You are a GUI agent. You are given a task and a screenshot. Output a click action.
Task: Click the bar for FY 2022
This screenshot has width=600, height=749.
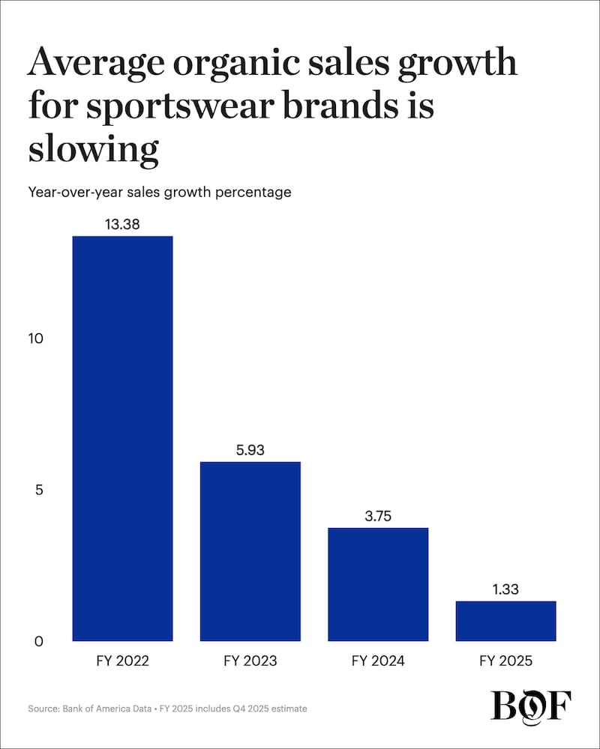point(122,438)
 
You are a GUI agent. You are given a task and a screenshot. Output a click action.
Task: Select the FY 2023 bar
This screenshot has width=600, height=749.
point(250,551)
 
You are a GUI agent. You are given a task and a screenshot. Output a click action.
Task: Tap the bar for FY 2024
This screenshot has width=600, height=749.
point(378,584)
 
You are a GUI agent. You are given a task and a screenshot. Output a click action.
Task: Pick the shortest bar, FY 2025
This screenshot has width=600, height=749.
point(505,621)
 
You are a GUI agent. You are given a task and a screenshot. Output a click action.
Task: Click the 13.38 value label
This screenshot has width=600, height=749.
point(122,223)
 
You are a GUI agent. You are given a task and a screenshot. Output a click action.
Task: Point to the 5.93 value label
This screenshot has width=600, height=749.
point(250,449)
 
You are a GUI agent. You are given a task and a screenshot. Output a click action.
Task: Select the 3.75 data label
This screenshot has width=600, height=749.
point(378,515)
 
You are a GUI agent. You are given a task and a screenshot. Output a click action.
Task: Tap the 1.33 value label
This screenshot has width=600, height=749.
point(505,589)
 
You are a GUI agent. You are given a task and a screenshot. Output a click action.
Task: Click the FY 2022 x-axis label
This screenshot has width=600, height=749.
point(122,661)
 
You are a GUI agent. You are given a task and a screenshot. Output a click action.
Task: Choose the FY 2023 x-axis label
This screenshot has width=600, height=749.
point(250,661)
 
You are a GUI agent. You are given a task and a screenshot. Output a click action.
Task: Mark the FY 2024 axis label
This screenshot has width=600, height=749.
point(378,661)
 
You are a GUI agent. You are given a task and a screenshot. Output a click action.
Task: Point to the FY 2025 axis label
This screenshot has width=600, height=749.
point(505,661)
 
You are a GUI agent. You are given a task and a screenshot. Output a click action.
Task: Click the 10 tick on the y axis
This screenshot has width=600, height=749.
point(36,338)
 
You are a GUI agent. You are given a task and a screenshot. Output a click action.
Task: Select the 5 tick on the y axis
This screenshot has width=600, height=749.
point(40,490)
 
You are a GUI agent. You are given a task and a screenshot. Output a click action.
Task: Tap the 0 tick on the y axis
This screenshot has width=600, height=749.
point(40,642)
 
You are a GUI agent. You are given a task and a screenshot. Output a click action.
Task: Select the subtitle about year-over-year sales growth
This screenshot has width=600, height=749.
point(159,192)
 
